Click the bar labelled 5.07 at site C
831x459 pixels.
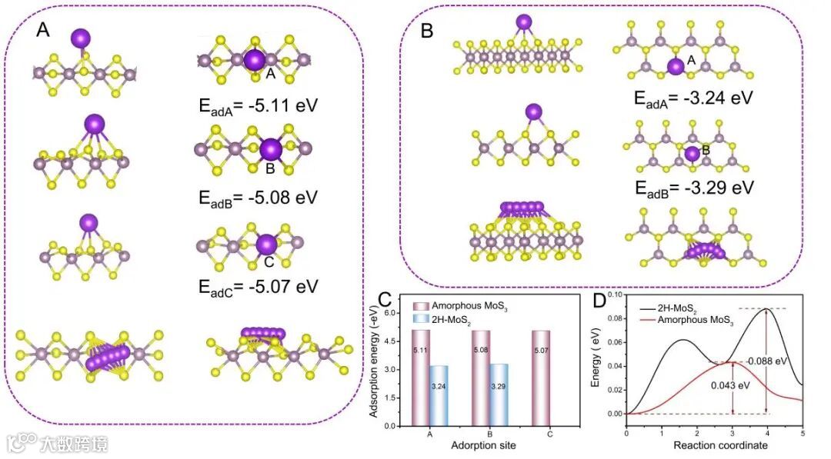point(540,378)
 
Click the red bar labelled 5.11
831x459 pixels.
point(420,378)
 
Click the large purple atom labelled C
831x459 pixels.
point(266,244)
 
